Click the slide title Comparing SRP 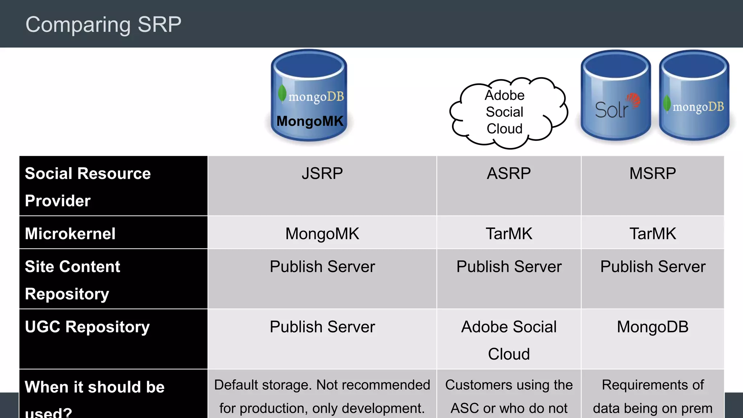coord(103,25)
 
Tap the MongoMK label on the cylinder coord(309,121)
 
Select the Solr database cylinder coord(616,96)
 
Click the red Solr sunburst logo coord(633,100)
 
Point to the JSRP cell coord(322,173)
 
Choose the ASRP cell coord(509,173)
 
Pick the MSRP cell coord(652,173)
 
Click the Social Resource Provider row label coord(88,187)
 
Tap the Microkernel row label coord(70,233)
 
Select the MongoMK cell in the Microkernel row coord(322,234)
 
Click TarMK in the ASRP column coord(509,234)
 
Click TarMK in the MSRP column coord(652,234)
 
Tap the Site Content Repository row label coord(73,280)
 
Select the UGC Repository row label coord(87,327)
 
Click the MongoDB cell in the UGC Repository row coord(652,327)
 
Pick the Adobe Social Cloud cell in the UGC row coord(509,340)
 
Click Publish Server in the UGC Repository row coord(322,327)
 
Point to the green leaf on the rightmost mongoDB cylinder coord(667,103)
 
